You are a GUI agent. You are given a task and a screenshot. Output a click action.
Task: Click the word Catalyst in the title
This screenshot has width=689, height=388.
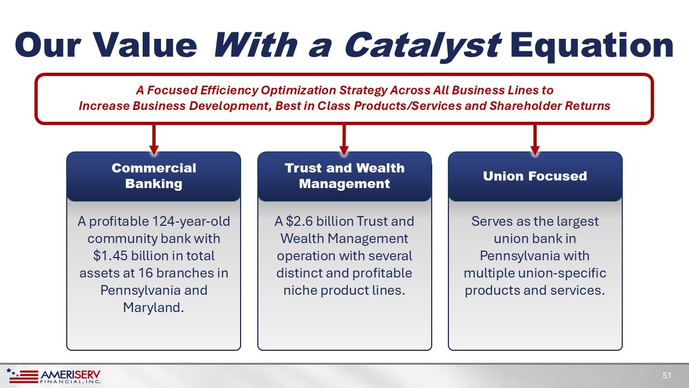[423, 45]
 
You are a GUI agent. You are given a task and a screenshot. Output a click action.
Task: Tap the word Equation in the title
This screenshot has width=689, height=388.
[592, 45]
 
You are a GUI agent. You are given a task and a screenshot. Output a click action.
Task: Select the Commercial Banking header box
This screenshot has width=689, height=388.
[154, 176]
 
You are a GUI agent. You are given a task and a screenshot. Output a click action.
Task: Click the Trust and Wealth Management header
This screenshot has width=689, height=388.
[344, 176]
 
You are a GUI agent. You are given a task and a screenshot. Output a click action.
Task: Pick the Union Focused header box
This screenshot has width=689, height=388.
[535, 176]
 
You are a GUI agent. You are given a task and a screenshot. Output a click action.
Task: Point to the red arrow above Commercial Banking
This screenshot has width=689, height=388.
[154, 139]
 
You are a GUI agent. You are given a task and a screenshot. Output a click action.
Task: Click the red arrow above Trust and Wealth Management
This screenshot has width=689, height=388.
[344, 139]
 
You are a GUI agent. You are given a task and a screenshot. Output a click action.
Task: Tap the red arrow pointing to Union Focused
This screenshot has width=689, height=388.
[535, 139]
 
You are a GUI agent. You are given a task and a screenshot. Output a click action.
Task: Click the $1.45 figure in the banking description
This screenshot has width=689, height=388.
[110, 256]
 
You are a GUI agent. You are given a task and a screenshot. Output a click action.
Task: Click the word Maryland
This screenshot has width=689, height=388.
[153, 308]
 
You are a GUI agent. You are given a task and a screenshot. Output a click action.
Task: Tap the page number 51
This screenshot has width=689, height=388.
[667, 376]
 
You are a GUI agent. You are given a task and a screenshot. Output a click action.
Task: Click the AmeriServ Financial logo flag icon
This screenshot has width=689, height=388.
[23, 376]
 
